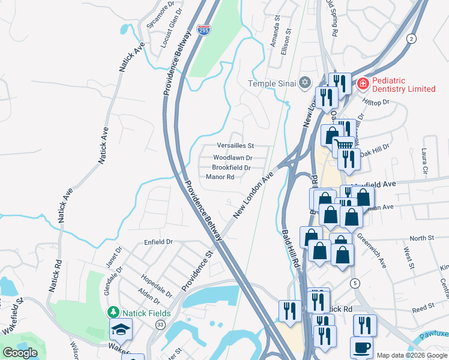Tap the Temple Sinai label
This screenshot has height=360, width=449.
point(274,83)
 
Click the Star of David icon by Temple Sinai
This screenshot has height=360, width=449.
point(305,82)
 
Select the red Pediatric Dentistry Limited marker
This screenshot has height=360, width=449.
point(363,83)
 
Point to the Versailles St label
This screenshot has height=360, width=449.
point(235,146)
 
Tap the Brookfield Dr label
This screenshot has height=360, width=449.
point(231,167)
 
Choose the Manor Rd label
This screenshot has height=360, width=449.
point(224,177)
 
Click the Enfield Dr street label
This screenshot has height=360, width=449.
point(158,242)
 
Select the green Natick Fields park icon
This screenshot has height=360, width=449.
point(113,313)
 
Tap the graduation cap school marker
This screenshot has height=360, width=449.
point(121,329)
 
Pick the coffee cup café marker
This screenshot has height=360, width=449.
point(361,347)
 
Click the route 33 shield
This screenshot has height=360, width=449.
point(160,325)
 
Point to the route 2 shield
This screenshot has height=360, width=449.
point(411,39)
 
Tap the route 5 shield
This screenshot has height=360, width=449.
point(356,283)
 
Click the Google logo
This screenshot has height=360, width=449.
point(20,353)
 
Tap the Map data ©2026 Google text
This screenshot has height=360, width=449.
point(412,355)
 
